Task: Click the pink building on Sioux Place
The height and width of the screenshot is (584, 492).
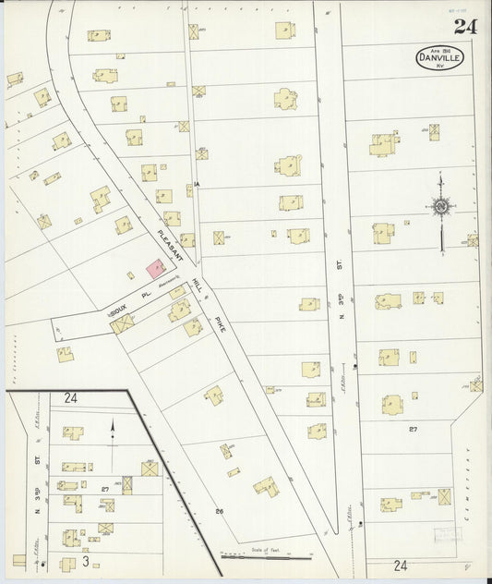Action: [x=156, y=269]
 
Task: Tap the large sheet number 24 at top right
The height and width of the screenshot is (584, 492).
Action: [x=464, y=27]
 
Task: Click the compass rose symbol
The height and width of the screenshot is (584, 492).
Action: [x=441, y=206]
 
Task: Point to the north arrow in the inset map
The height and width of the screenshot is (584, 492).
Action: [x=113, y=431]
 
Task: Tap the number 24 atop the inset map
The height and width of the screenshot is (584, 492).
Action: [x=71, y=398]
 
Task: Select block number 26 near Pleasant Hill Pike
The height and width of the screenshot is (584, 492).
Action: [x=219, y=510]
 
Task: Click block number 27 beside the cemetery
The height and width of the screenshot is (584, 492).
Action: [x=414, y=429]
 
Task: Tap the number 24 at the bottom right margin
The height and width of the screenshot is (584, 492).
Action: [x=400, y=565]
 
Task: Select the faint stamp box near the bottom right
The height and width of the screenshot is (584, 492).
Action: [x=447, y=534]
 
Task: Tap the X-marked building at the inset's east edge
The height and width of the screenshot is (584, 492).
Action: [x=149, y=468]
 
